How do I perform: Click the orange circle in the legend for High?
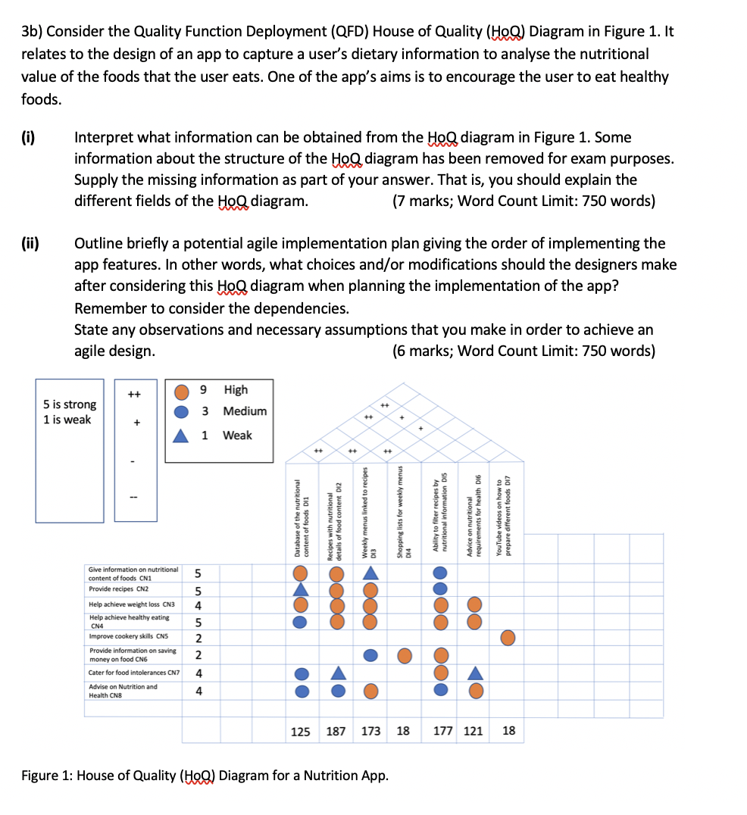click(x=182, y=391)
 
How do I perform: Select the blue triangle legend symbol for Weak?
click(x=182, y=436)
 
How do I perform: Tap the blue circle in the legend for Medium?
click(x=182, y=412)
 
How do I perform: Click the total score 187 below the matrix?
click(x=336, y=731)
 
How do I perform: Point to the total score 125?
click(x=301, y=731)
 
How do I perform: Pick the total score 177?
click(x=442, y=731)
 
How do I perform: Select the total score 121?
click(x=473, y=731)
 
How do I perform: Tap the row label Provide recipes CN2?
click(x=119, y=589)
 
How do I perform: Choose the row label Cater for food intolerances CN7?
click(x=133, y=673)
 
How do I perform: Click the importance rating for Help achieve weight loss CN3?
click(x=198, y=605)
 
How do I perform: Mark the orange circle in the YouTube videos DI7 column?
click(x=508, y=638)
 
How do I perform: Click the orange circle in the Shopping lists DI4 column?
click(x=405, y=654)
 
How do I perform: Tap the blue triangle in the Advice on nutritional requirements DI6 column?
click(x=474, y=673)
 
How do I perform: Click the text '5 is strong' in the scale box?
click(x=70, y=404)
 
